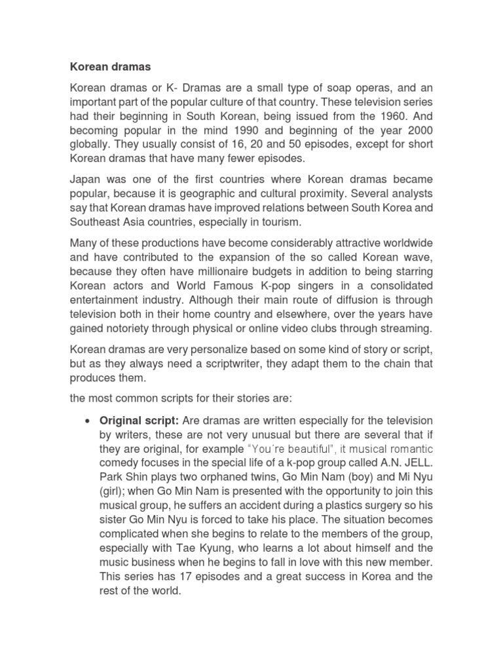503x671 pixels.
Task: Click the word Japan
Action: tap(86, 179)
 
